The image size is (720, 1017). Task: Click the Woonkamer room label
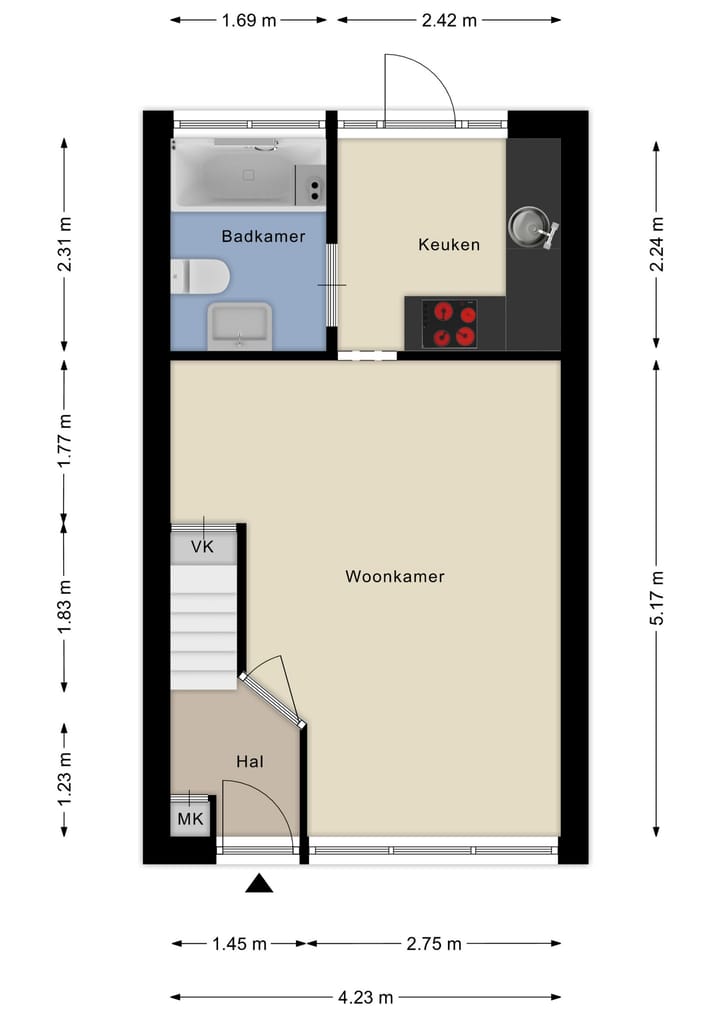click(394, 577)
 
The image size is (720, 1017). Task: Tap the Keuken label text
click(449, 244)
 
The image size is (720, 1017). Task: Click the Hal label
click(249, 762)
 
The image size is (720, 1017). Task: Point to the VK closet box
click(204, 547)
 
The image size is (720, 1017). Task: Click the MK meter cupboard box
click(190, 820)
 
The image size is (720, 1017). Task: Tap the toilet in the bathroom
click(200, 275)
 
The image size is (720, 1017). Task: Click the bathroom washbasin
click(239, 325)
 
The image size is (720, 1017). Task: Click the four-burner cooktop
click(450, 324)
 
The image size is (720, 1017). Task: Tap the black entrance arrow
click(260, 882)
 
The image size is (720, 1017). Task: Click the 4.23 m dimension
click(365, 997)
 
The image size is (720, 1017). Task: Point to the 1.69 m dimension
click(248, 20)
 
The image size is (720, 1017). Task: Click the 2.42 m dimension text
click(448, 20)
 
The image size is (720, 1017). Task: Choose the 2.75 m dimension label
click(433, 944)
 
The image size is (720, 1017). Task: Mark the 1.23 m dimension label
click(65, 780)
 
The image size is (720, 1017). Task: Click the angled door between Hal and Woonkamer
click(272, 698)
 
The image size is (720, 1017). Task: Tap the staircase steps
click(204, 625)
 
